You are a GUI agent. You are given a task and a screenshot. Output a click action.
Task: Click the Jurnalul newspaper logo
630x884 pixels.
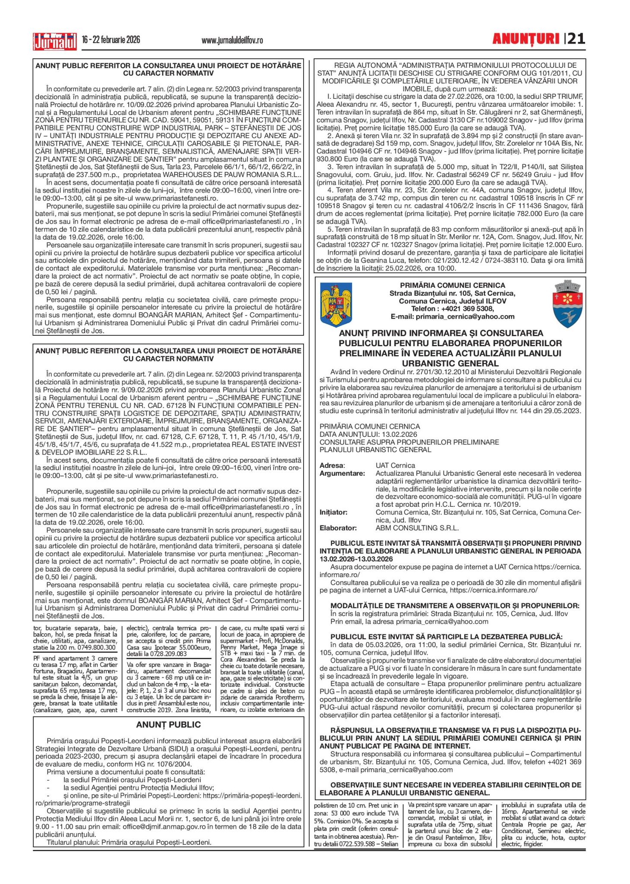(55, 41)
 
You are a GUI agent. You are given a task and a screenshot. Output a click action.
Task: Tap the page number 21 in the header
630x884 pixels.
(576, 39)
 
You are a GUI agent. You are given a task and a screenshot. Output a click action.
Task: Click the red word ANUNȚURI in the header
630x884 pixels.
(526, 39)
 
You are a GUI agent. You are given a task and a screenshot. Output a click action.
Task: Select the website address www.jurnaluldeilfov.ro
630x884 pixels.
(232, 41)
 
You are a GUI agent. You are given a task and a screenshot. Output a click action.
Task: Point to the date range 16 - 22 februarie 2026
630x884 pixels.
(111, 40)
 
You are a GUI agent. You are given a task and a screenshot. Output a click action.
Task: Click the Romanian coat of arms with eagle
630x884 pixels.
(336, 304)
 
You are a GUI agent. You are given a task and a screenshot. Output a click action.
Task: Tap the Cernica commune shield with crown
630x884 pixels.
(567, 304)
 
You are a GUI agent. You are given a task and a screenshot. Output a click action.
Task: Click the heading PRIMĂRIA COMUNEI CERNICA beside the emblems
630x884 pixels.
(452, 285)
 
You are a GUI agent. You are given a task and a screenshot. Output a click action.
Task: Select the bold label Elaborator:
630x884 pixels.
(338, 528)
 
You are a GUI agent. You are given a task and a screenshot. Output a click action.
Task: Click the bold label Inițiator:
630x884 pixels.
(333, 512)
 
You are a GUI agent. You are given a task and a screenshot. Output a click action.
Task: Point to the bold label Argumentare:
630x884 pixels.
(342, 474)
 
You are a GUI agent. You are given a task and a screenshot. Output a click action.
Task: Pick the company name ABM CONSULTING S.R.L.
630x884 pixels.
(417, 528)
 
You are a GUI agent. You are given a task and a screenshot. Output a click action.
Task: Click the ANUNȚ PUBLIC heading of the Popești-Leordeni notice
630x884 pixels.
(168, 725)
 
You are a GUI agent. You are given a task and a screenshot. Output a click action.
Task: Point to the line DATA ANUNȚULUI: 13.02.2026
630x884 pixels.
(368, 434)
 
